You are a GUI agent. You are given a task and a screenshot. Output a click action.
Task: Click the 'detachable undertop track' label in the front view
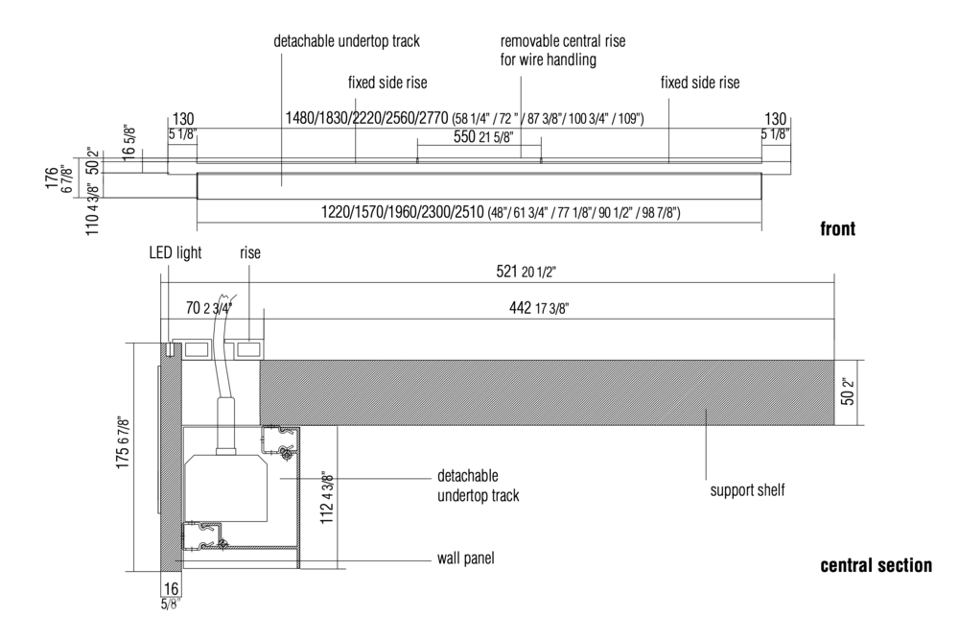click(x=346, y=41)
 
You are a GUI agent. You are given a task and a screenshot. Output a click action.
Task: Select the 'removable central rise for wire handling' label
click(x=563, y=51)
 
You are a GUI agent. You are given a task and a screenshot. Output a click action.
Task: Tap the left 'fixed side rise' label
click(x=387, y=83)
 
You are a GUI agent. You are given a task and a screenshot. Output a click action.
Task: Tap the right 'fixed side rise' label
click(x=700, y=83)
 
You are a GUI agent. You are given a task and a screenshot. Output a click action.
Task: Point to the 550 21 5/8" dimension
click(x=483, y=136)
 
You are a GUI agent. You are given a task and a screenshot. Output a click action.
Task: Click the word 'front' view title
click(x=838, y=229)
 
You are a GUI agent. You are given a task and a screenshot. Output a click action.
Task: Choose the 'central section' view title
click(x=876, y=565)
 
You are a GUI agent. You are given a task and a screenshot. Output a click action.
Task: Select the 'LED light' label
click(x=175, y=252)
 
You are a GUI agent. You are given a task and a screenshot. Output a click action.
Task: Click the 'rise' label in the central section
click(x=250, y=252)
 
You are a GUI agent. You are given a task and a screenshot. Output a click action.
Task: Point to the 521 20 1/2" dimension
click(x=526, y=272)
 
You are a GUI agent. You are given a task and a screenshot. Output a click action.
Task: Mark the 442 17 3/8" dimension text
click(x=539, y=308)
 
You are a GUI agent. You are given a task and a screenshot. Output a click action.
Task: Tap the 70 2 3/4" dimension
click(x=208, y=307)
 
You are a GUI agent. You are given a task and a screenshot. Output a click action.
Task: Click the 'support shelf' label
click(x=747, y=490)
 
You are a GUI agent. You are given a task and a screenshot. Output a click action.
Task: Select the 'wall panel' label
click(x=465, y=558)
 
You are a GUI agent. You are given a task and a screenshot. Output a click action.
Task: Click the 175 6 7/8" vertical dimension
click(x=123, y=443)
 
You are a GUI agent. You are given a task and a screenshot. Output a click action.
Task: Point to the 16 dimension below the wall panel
click(x=172, y=588)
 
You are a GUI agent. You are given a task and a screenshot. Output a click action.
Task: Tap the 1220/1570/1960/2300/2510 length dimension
click(x=501, y=212)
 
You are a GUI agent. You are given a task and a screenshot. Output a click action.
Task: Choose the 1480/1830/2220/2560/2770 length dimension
click(x=465, y=117)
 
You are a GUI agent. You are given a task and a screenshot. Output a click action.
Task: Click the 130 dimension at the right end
click(x=776, y=119)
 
